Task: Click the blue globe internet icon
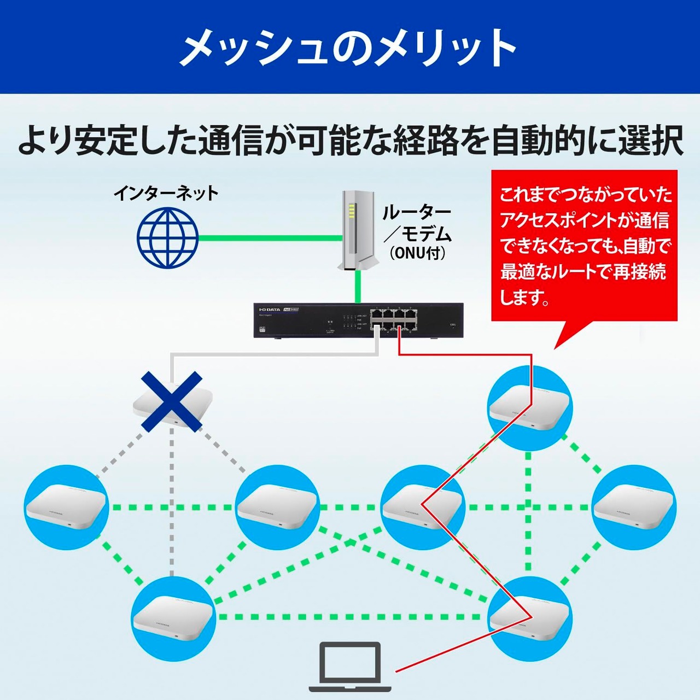[x=167, y=237]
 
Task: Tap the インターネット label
[x=166, y=193]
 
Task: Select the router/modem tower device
[x=356, y=230]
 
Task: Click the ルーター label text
[x=417, y=212]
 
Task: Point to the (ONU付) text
[x=417, y=253]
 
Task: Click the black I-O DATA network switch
[x=358, y=321]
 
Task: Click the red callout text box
[x=584, y=246]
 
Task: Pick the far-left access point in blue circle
[x=66, y=507]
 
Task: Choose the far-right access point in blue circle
[x=634, y=507]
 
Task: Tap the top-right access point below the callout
[x=529, y=407]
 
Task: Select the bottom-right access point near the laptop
[x=529, y=618]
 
